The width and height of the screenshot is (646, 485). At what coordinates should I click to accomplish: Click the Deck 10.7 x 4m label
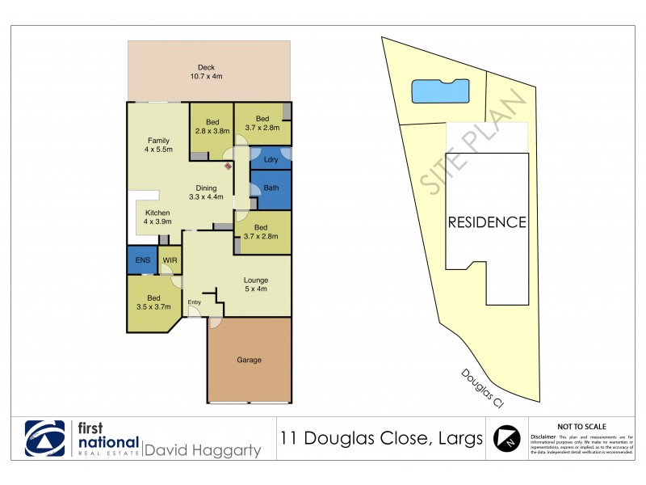[x=206, y=72]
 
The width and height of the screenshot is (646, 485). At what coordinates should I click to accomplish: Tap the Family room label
[x=158, y=145]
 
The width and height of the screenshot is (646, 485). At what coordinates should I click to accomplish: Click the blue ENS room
[x=142, y=260]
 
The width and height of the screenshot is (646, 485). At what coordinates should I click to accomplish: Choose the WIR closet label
[x=170, y=260]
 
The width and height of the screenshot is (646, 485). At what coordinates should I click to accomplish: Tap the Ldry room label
[x=271, y=160]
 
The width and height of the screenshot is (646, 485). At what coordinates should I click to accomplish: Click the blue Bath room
[x=271, y=189]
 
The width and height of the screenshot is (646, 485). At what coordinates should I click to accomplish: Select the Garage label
[x=249, y=360]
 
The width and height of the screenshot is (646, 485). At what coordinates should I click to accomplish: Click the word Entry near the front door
[x=195, y=302]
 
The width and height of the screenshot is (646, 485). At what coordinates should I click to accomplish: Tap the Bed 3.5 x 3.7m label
[x=153, y=303]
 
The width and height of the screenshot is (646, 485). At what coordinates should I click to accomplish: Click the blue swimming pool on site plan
[x=441, y=91]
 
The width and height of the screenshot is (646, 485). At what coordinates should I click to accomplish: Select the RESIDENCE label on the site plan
[x=487, y=222]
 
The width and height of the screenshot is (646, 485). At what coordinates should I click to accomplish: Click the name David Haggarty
[x=203, y=449]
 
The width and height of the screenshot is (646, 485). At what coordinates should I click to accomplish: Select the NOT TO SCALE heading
[x=582, y=426]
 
